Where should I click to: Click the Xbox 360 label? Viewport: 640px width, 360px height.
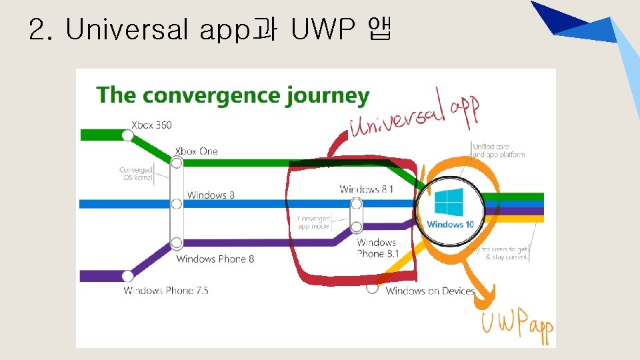point(151,125)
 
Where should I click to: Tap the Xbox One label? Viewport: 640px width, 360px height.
point(196,151)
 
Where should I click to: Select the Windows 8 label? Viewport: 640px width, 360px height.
point(211,195)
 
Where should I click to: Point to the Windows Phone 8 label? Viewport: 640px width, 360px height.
point(215,259)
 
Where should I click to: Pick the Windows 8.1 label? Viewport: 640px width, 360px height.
point(366,189)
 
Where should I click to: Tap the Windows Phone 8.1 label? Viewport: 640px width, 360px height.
point(377,248)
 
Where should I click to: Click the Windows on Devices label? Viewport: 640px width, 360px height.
point(430,291)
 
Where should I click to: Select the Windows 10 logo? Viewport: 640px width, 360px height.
point(449,203)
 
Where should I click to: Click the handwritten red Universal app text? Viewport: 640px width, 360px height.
point(413,117)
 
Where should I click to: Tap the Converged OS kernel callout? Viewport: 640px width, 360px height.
point(136,174)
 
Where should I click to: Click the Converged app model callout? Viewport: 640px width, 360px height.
point(313,222)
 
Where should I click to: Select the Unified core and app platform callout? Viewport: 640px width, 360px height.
point(498,151)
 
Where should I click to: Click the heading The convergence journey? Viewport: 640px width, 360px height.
point(233,95)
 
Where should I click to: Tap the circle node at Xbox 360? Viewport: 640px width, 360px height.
point(127,135)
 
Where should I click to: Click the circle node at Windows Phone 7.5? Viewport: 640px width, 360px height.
point(127,275)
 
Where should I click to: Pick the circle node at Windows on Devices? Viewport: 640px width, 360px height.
point(373,289)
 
